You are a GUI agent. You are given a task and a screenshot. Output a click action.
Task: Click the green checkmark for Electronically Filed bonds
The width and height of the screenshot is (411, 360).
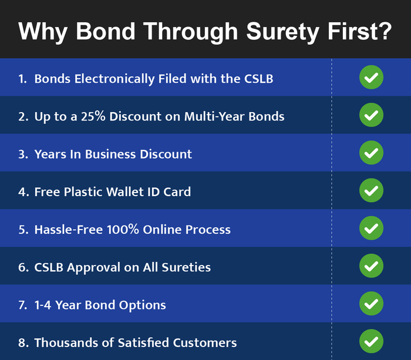click(x=371, y=78)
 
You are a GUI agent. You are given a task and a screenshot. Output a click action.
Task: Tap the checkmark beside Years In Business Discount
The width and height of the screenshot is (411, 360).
click(x=371, y=153)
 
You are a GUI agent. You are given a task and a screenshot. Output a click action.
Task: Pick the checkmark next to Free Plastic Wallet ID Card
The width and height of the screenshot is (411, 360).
click(x=371, y=190)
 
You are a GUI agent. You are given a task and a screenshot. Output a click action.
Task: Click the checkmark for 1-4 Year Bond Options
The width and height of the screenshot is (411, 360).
click(x=371, y=304)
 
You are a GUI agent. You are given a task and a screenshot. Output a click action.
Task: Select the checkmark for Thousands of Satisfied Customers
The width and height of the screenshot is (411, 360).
click(x=371, y=341)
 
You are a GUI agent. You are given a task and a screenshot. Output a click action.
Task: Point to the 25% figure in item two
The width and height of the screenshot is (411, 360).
click(x=93, y=116)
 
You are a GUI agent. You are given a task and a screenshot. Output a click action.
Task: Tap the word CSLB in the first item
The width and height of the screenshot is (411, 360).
click(x=259, y=79)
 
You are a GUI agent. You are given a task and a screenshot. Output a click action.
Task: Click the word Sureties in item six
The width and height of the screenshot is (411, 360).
click(x=186, y=267)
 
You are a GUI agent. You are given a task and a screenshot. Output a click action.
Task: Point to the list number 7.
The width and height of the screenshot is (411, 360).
click(x=22, y=305)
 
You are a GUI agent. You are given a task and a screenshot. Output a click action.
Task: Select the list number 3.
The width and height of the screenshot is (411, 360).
click(x=22, y=154)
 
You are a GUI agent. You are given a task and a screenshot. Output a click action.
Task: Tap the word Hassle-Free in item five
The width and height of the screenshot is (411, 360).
click(x=69, y=230)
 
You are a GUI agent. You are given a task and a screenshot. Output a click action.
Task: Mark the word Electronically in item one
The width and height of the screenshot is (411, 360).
click(x=114, y=79)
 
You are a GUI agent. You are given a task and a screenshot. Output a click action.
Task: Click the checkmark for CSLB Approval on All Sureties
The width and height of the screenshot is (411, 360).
click(x=371, y=265)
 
